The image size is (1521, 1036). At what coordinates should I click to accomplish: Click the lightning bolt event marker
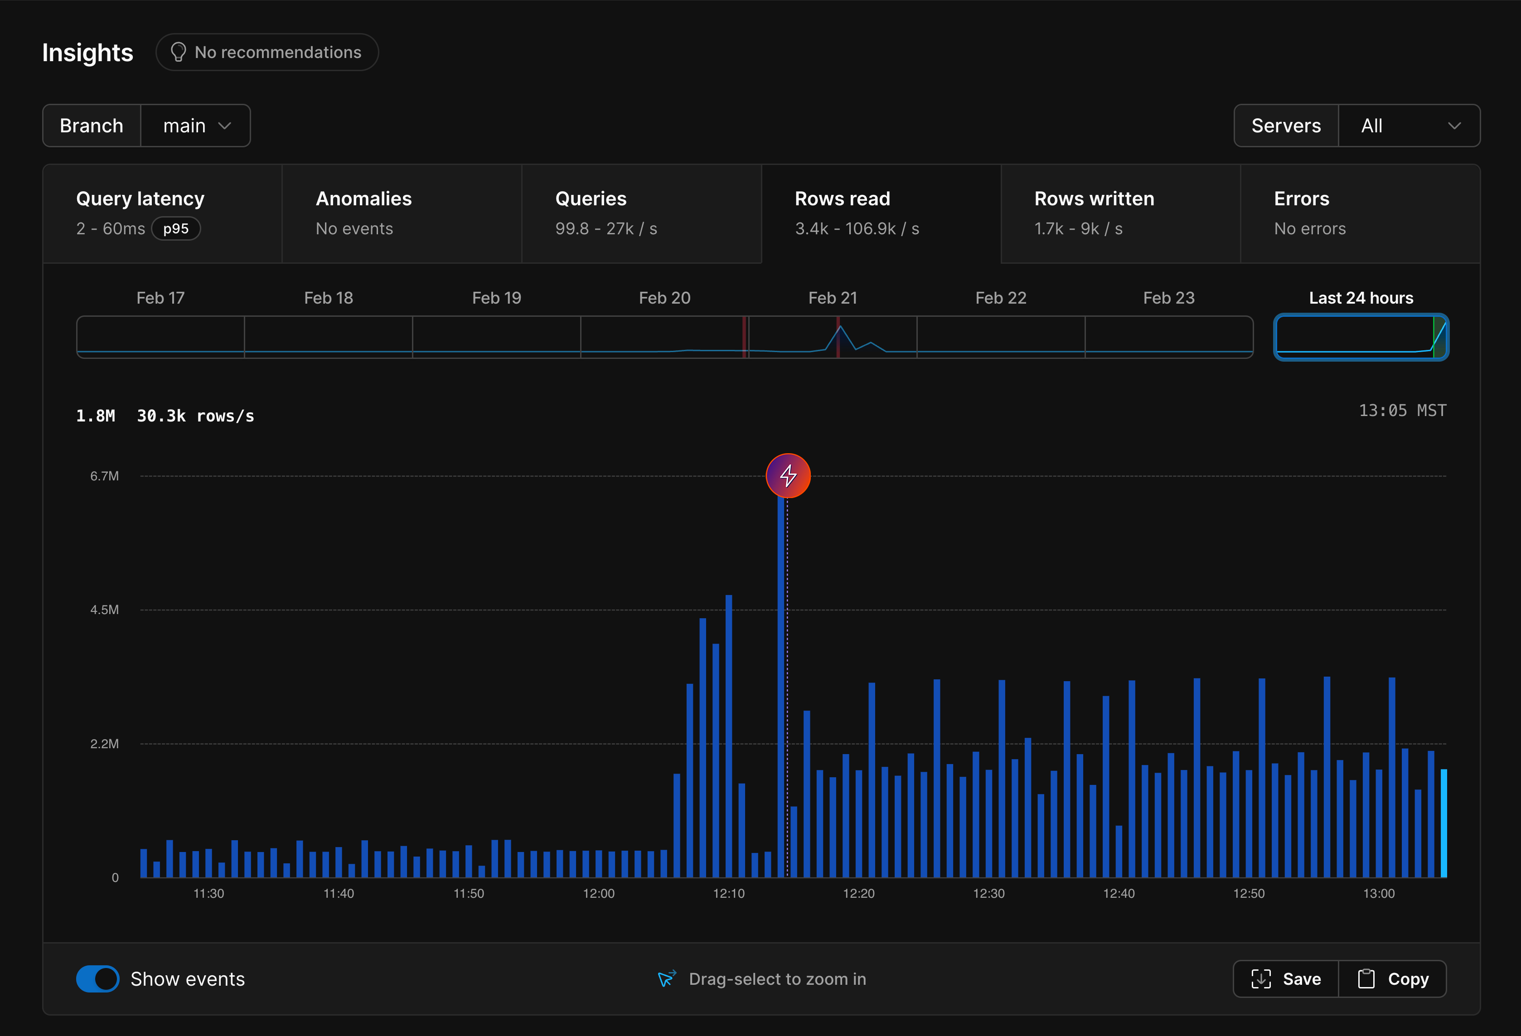coord(788,476)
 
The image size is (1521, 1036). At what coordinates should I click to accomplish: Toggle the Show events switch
coord(97,978)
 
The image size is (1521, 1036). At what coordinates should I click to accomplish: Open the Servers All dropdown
coord(1409,126)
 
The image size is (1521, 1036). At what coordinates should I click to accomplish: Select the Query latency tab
coord(162,213)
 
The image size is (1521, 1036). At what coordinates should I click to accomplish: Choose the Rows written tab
coord(1120,213)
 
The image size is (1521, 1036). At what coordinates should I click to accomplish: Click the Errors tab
coord(1360,213)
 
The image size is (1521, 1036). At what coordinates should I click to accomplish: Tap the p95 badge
coord(176,228)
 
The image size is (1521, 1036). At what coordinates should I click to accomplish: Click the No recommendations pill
coord(267,53)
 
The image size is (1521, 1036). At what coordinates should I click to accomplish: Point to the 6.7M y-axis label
coord(105,476)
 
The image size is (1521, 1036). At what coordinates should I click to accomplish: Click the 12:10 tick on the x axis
coord(728,893)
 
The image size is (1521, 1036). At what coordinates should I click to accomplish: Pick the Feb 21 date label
coord(833,298)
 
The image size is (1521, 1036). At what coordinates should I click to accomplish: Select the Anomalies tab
coord(402,213)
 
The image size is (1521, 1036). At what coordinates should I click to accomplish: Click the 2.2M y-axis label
coord(105,743)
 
